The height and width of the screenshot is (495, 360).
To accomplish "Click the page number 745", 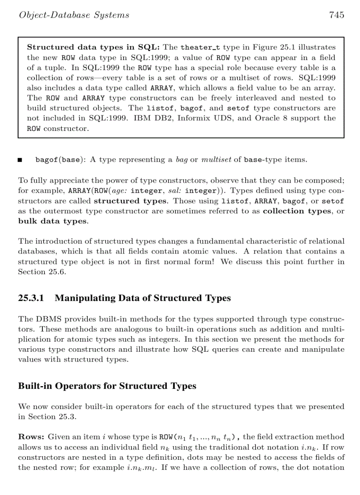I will click(336, 15).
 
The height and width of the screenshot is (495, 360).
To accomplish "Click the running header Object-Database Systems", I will click(74, 15).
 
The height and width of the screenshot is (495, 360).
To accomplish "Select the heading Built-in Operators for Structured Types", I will click(107, 386).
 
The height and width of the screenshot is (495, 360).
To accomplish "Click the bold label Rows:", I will click(31, 437).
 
